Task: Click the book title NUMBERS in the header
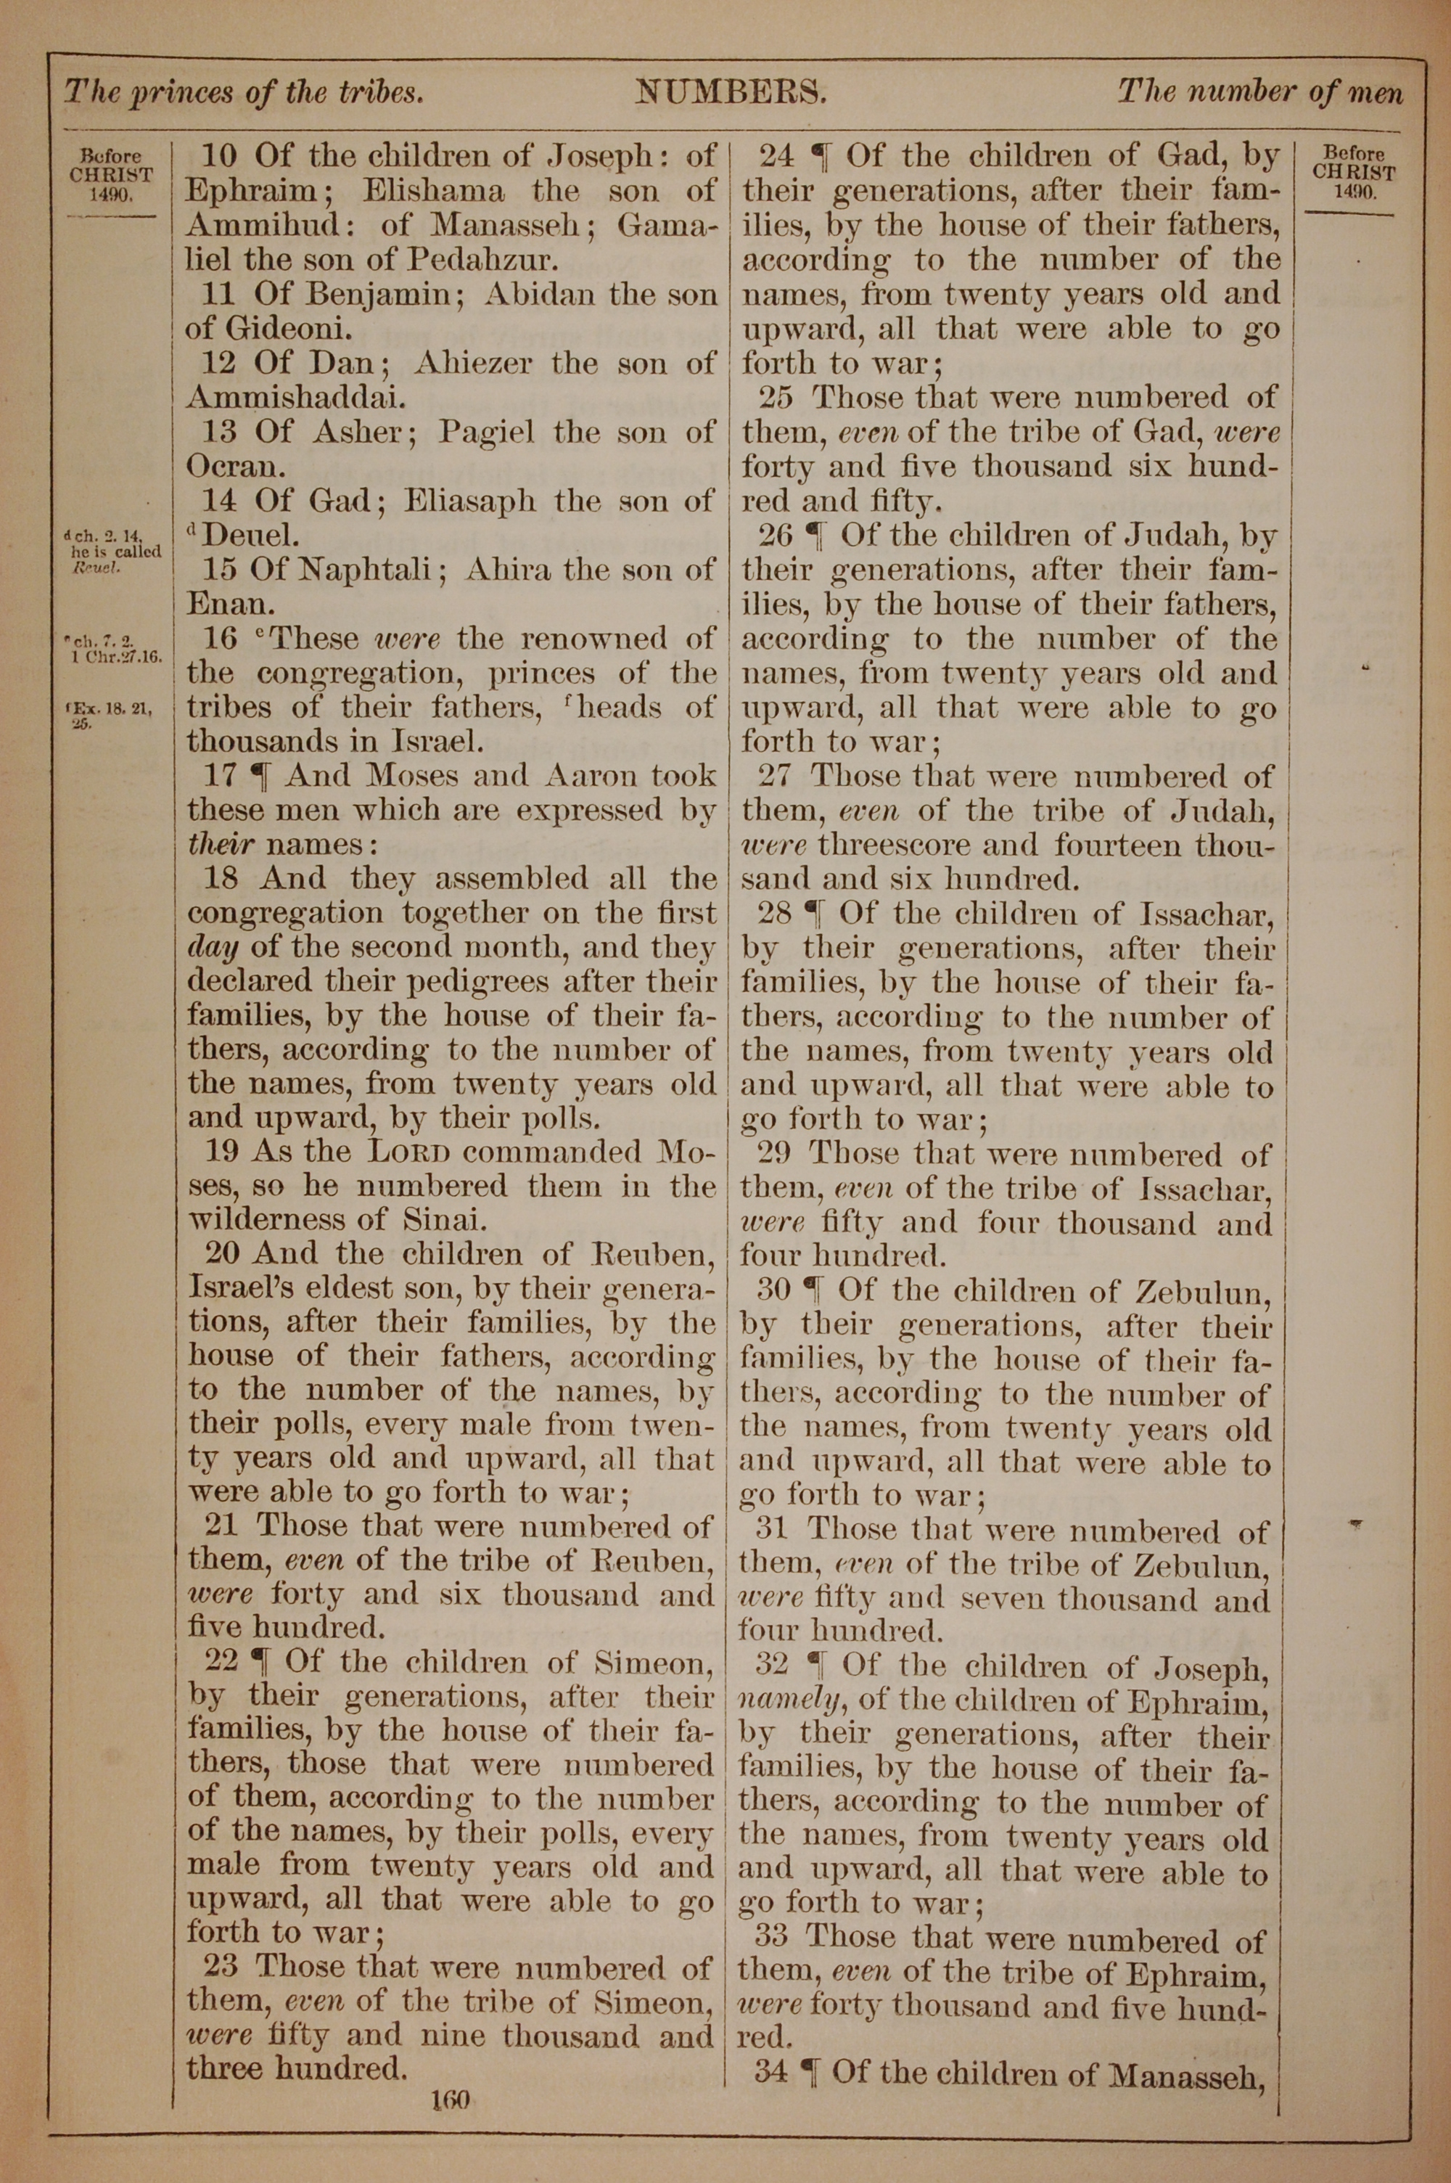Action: [x=730, y=91]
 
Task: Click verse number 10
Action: [x=219, y=155]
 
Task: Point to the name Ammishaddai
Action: [x=296, y=397]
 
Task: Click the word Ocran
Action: [x=229, y=465]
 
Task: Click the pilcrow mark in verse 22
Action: [x=262, y=1662]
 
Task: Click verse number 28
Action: [x=775, y=914]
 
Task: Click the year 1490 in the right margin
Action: [x=1354, y=192]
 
